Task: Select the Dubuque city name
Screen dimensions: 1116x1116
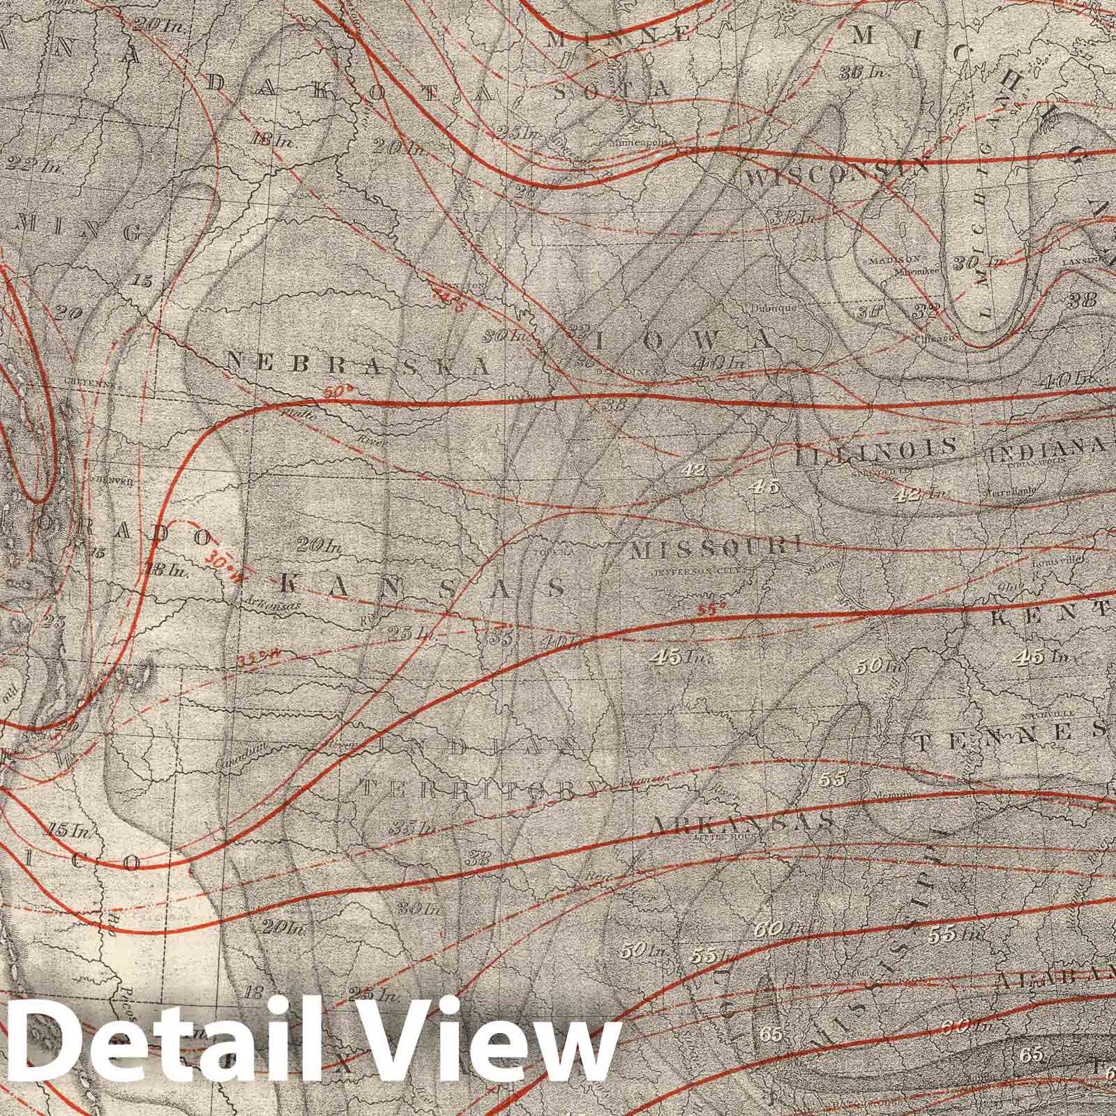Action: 772,307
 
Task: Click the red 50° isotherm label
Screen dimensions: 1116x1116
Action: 335,393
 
